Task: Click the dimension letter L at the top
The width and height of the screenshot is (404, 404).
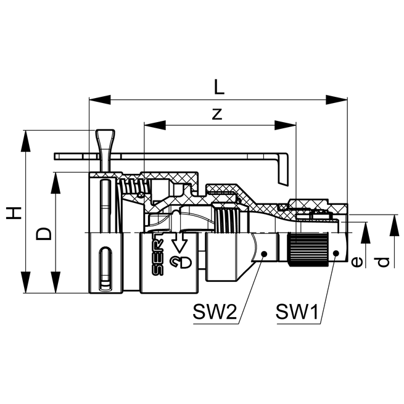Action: [x=219, y=87]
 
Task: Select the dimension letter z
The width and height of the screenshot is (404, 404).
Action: [x=217, y=114]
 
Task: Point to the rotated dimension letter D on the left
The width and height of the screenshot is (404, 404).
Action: [x=44, y=234]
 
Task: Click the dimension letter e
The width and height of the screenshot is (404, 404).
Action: [x=357, y=262]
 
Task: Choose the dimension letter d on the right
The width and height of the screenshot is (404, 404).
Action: [x=384, y=262]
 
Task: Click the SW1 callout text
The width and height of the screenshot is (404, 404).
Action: [x=297, y=311]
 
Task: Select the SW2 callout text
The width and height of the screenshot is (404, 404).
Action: [x=215, y=311]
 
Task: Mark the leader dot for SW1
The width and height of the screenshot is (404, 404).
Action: [x=336, y=254]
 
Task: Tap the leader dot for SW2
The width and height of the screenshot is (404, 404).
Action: [x=264, y=254]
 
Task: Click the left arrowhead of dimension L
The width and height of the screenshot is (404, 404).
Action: [x=100, y=100]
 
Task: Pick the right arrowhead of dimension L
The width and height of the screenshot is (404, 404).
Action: [x=337, y=100]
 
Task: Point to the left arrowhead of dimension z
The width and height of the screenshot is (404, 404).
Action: [x=155, y=125]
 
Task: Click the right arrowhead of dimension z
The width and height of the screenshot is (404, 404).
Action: [x=286, y=125]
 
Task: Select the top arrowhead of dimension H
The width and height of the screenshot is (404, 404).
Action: [x=25, y=141]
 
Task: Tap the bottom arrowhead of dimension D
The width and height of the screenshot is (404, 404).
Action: [x=56, y=282]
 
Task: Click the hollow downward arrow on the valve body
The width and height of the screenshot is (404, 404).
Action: [x=179, y=242]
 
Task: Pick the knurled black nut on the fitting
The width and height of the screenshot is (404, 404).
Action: [x=308, y=249]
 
